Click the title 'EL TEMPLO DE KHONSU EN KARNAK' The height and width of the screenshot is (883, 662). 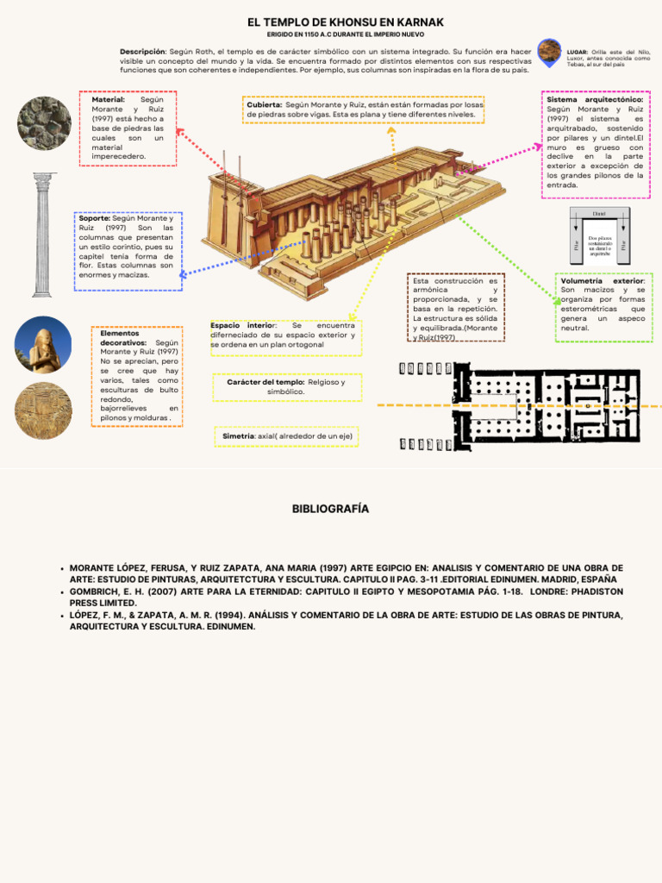(334, 22)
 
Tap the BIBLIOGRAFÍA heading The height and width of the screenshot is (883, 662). (330, 509)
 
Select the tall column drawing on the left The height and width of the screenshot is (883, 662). (44, 234)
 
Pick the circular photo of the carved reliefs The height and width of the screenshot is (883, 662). (43, 410)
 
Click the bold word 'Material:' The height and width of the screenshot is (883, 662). (108, 100)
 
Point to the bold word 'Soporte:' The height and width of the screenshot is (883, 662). (94, 219)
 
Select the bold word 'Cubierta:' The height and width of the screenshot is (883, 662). (265, 104)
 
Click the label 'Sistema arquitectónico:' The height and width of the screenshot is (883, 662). (595, 100)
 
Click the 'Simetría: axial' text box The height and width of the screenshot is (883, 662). (287, 436)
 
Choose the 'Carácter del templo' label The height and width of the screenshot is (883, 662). (266, 382)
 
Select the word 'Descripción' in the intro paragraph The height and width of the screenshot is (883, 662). (142, 52)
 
